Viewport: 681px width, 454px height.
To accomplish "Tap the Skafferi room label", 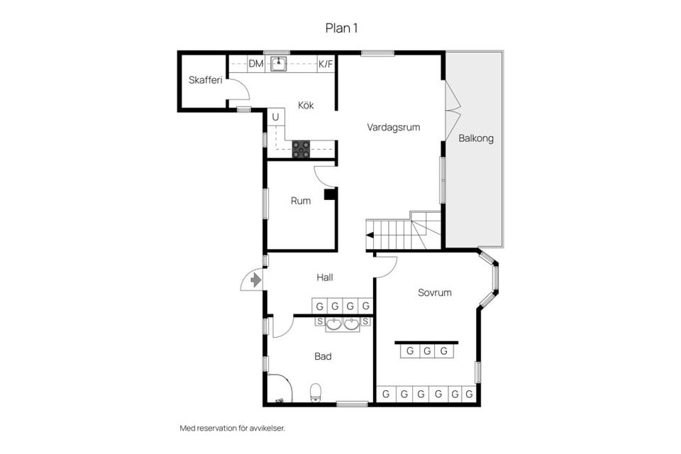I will point(205,80).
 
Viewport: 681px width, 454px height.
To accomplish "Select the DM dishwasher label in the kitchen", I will point(255,64).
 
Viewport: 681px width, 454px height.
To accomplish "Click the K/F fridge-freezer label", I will point(326,64).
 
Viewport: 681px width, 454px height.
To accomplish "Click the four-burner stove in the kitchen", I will point(301,149).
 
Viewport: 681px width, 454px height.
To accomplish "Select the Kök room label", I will point(306,106).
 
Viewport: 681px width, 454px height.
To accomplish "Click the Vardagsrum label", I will point(393,128).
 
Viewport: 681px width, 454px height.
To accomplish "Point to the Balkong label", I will point(475,138).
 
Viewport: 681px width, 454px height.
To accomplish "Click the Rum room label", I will point(301,201).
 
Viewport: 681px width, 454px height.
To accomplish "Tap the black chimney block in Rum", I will point(329,194).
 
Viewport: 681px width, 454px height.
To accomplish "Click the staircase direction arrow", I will point(370,236).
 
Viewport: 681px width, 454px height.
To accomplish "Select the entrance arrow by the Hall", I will point(255,280).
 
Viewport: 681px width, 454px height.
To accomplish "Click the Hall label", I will point(326,278).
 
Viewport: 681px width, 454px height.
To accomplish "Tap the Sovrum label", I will point(434,292).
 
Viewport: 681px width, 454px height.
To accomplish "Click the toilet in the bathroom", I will point(316,392).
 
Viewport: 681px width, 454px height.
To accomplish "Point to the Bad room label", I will point(323,356).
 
